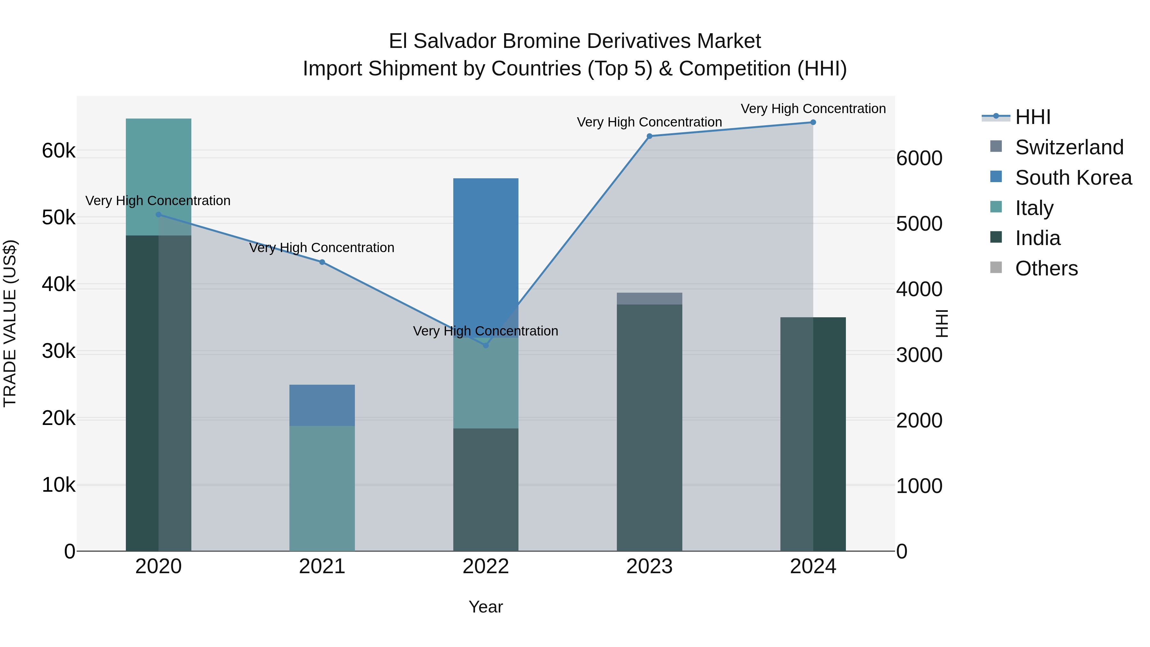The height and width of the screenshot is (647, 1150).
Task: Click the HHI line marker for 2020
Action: click(x=158, y=215)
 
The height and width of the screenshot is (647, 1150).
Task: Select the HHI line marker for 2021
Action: click(x=322, y=262)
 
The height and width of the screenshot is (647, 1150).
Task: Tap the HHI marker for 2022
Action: click(x=486, y=345)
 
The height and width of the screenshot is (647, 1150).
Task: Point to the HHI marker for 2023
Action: click(x=649, y=136)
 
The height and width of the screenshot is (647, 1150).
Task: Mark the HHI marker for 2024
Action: click(x=813, y=122)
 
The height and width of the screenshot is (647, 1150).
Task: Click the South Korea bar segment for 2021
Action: click(x=322, y=405)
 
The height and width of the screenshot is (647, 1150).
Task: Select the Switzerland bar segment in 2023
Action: click(x=649, y=299)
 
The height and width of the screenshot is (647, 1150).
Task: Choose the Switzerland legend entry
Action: click(x=1069, y=147)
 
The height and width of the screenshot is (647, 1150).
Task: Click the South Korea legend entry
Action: click(x=1073, y=178)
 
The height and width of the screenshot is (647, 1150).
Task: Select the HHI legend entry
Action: click(x=1032, y=117)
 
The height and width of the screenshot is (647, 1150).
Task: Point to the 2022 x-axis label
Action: click(x=486, y=566)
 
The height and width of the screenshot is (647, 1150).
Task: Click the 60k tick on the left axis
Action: click(x=58, y=151)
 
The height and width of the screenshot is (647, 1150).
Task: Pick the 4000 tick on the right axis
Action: click(x=919, y=289)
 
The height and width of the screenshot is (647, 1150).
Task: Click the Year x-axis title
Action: click(x=486, y=607)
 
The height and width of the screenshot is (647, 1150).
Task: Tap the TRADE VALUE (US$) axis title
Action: click(x=10, y=323)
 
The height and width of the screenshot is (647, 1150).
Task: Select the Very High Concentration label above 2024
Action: click(x=813, y=109)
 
